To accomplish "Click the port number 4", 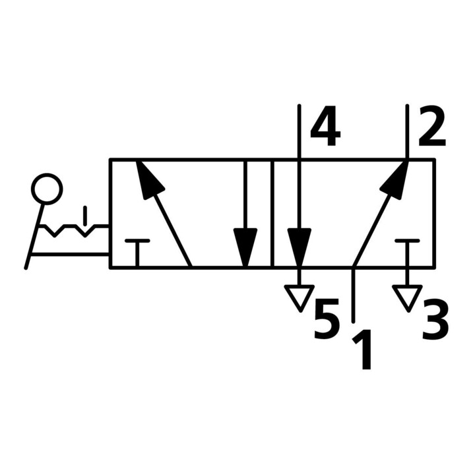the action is (x=325, y=125).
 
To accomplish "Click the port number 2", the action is (x=432, y=125).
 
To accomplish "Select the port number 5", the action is (x=326, y=319).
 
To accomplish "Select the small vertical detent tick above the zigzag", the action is (x=85, y=216).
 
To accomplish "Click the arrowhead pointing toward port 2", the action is (x=395, y=179).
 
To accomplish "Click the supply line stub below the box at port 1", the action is (x=353, y=295).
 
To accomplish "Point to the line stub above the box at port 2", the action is (x=407, y=131).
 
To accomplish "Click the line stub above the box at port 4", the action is (x=300, y=131).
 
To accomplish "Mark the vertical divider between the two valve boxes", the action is (x=272, y=213).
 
